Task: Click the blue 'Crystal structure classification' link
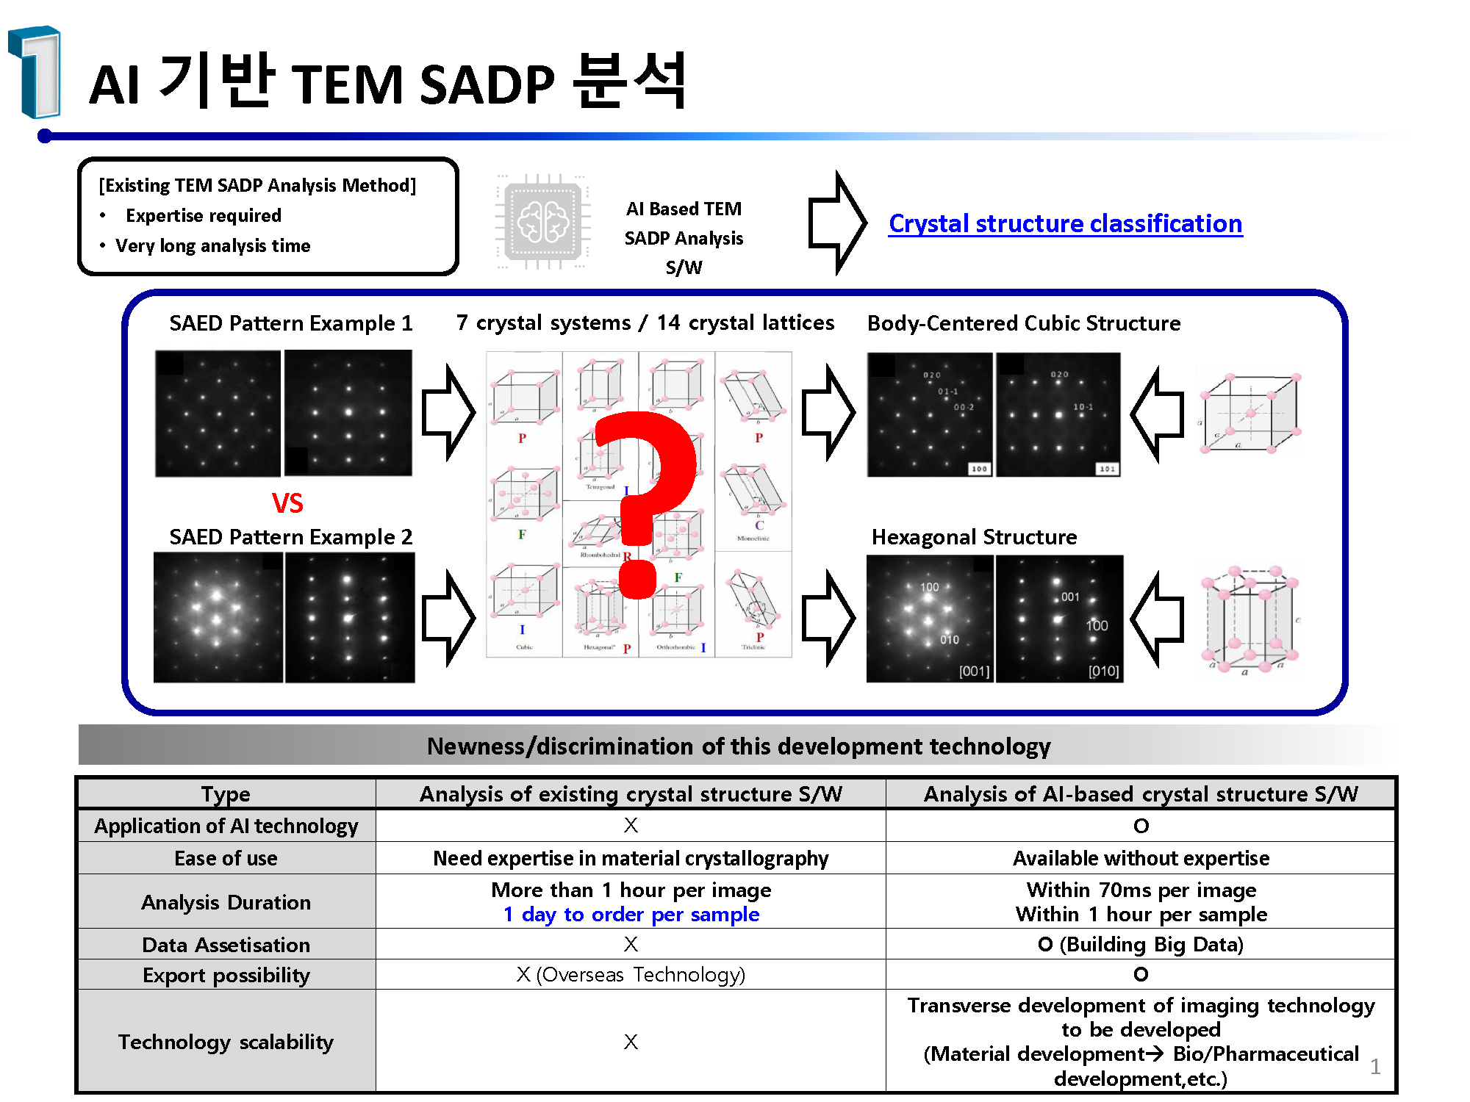(1065, 223)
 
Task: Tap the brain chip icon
(543, 222)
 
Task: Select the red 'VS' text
(287, 503)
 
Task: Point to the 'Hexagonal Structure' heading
(974, 537)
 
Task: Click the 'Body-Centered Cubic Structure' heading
(1024, 323)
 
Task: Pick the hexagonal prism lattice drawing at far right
(1250, 619)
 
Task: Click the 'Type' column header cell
(226, 794)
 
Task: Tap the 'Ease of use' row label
(226, 858)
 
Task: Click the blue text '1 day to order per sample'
(631, 915)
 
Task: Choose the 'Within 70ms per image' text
(1141, 890)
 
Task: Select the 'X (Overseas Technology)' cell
(631, 975)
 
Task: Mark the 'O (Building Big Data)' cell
(1141, 944)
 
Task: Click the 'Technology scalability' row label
(226, 1042)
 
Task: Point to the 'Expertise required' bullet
(204, 215)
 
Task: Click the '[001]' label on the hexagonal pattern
(974, 671)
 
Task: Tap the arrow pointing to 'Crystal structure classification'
(838, 223)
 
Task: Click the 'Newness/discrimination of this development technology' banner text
(739, 746)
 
